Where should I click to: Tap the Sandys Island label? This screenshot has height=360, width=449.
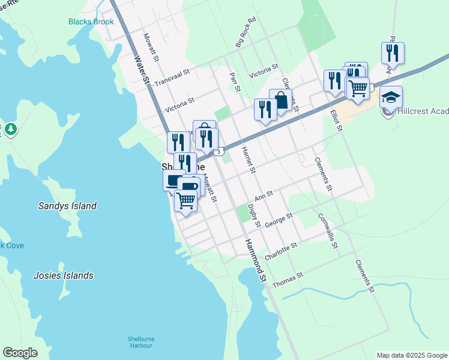(x=67, y=206)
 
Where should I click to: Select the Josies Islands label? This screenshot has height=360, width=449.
(x=64, y=275)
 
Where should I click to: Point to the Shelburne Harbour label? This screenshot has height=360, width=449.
(x=140, y=342)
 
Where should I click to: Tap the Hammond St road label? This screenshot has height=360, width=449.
(x=255, y=259)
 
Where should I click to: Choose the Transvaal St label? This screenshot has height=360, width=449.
(x=172, y=77)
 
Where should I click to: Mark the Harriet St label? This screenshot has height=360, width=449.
(x=249, y=160)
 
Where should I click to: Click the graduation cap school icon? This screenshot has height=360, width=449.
(x=391, y=97)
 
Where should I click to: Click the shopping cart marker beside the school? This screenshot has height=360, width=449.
(x=358, y=88)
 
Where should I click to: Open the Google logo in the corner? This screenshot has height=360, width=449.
(x=20, y=353)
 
